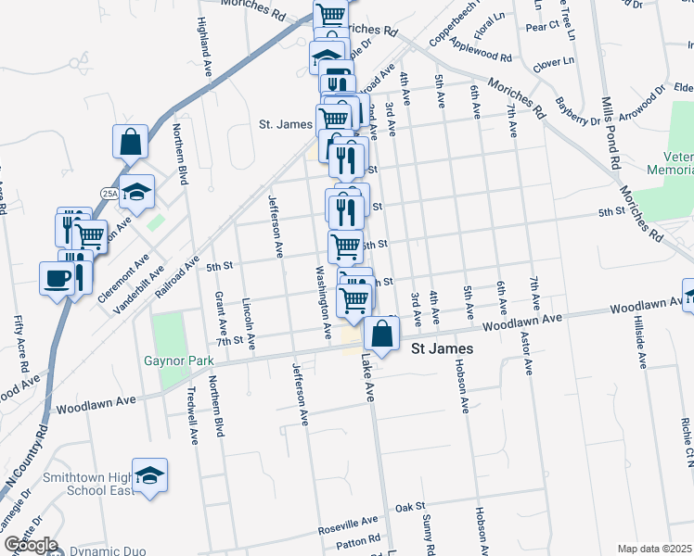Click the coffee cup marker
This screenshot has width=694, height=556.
(x=57, y=277)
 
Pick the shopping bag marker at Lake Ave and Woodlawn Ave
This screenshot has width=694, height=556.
(x=381, y=334)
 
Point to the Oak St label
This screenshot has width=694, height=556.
(x=409, y=508)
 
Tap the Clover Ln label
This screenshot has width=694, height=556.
(x=550, y=65)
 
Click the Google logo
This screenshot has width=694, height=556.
(x=30, y=545)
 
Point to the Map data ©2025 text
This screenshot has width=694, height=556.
(x=654, y=549)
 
